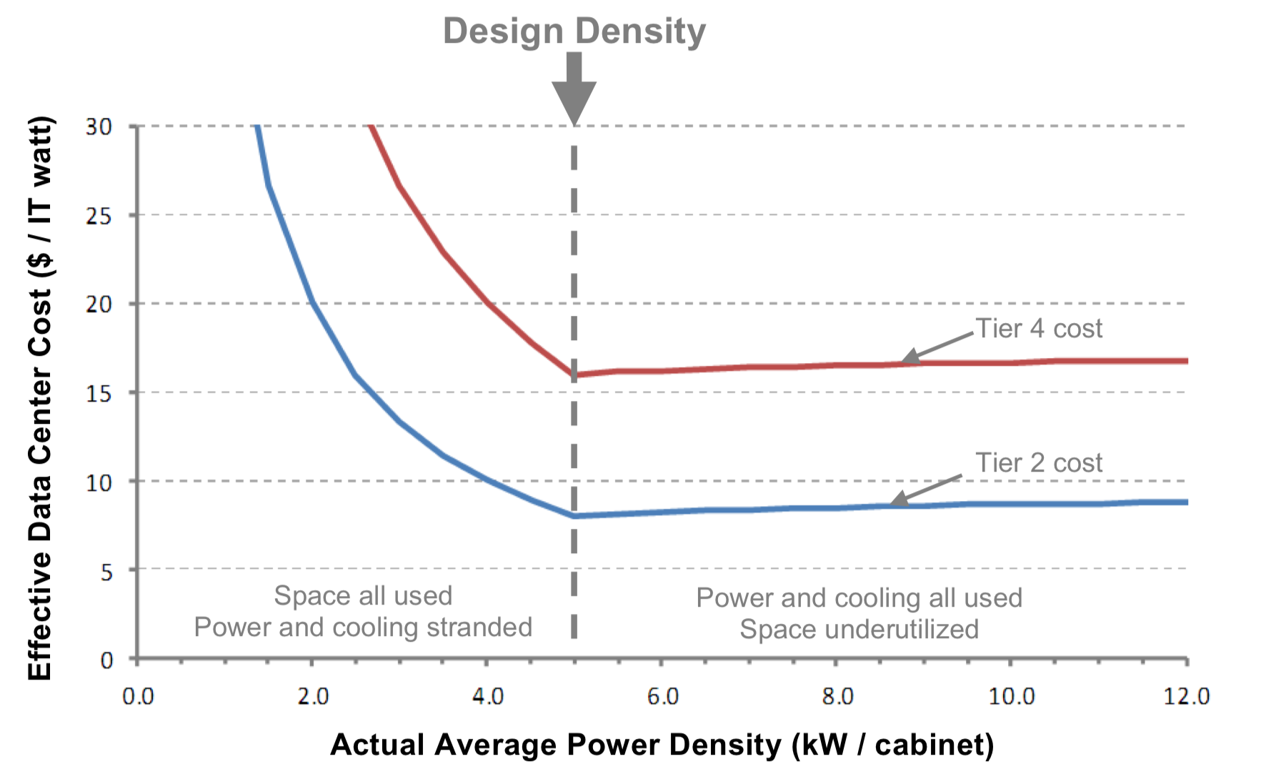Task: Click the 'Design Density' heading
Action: tap(574, 32)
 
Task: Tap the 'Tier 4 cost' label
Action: tap(1039, 328)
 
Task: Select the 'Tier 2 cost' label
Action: tap(1039, 462)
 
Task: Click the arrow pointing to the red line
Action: tap(937, 347)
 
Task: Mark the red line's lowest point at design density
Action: tap(574, 374)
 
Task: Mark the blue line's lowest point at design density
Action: tap(574, 515)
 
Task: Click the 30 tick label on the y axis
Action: tap(99, 126)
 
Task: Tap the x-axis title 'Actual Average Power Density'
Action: tap(557, 745)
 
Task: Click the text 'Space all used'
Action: tap(363, 595)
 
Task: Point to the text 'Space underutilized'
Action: tap(859, 629)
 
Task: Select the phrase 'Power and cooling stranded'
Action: tap(363, 627)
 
